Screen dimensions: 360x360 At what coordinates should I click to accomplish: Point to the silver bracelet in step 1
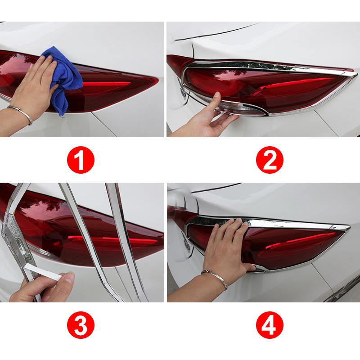point(22,113)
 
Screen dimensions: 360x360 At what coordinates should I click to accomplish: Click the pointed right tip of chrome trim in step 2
point(355,73)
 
